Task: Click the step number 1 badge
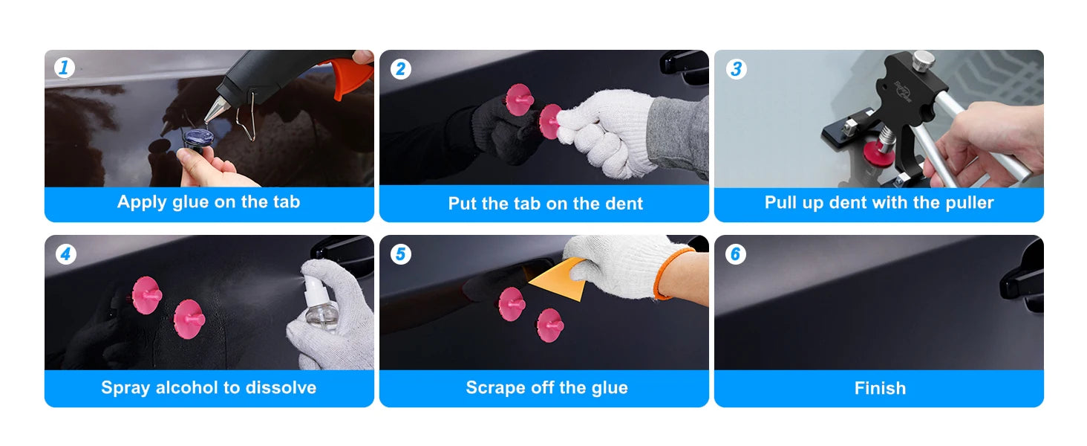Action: (x=64, y=68)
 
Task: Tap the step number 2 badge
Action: (x=400, y=69)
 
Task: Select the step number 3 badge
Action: (x=736, y=69)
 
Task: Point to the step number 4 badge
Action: (x=65, y=253)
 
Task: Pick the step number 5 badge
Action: (x=400, y=253)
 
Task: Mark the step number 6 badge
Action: (x=736, y=253)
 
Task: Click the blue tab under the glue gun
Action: (x=198, y=138)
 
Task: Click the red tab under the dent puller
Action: (x=879, y=152)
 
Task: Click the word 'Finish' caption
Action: (x=880, y=388)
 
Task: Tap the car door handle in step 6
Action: (x=1023, y=280)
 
